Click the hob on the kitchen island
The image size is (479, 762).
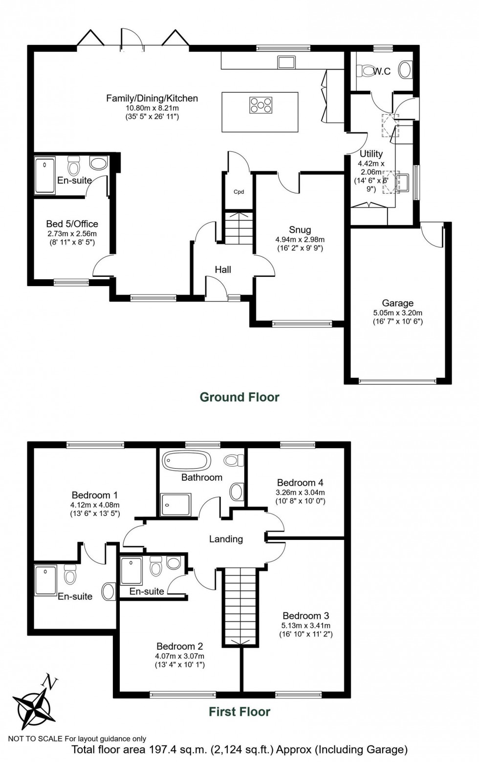coord(261,105)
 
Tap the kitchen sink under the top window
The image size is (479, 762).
coord(286,62)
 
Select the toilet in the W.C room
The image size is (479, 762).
coord(365,71)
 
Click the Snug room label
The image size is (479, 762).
coord(300,229)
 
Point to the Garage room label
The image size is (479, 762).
coord(397,303)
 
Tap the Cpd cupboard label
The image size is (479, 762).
coord(239,192)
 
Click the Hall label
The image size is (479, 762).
coord(223,270)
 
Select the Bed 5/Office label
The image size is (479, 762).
coord(72,224)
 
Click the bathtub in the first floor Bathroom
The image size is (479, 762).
coord(186,461)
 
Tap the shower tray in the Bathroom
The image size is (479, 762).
coord(176,505)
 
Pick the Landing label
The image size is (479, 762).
coord(226,539)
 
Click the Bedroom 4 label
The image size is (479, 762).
coord(300,482)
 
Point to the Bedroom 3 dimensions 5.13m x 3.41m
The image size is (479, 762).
coord(305,625)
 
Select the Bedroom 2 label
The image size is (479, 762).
coord(179,646)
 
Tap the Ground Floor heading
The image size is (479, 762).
coord(239,397)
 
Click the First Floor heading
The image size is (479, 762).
coord(239,712)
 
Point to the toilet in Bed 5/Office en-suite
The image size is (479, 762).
coord(74,165)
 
